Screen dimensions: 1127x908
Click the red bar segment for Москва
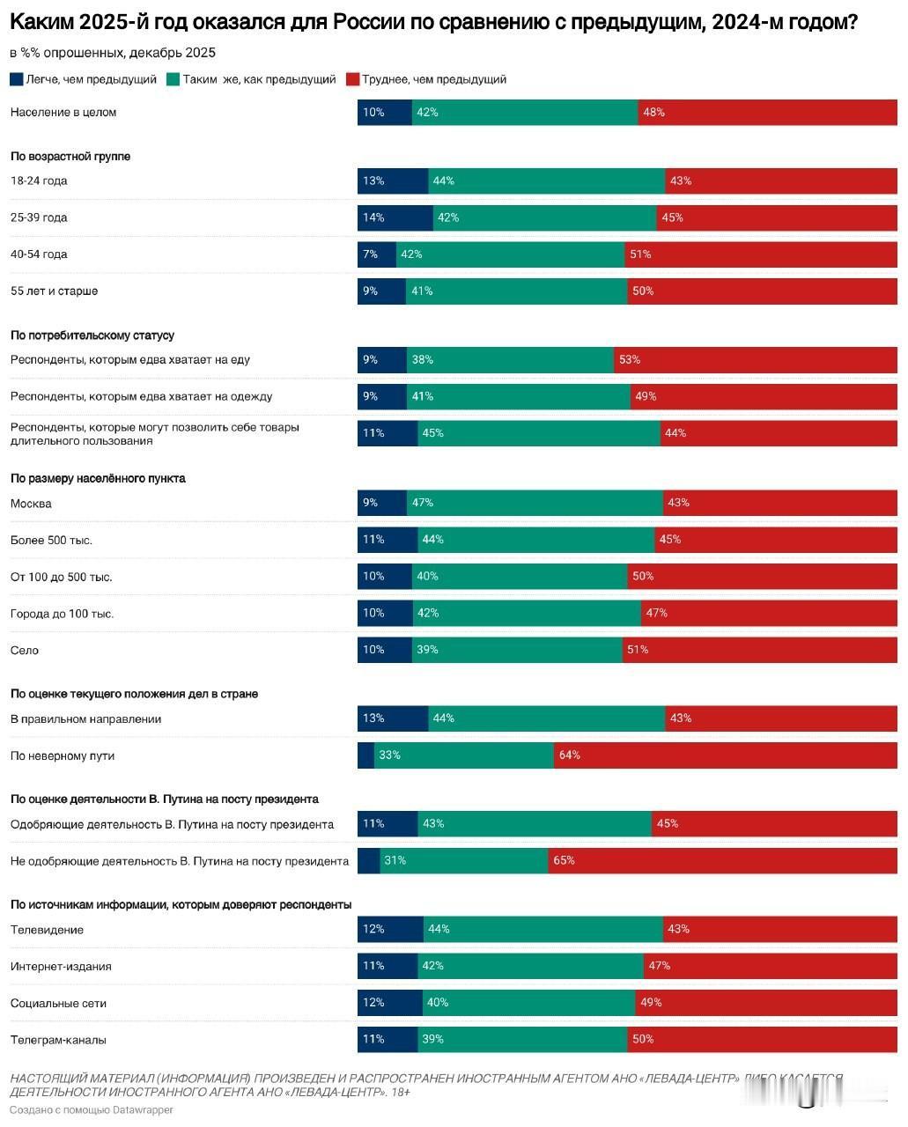[x=779, y=503]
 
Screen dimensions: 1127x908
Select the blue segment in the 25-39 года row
[x=395, y=217]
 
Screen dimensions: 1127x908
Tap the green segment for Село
[x=517, y=650]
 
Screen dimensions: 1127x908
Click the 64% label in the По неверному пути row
[x=569, y=755]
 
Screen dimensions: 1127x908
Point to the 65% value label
[x=564, y=860]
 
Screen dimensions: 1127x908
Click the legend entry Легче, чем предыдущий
[x=84, y=79]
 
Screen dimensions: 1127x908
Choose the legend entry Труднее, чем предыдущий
[x=426, y=79]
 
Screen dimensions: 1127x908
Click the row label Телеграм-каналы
[x=58, y=1040]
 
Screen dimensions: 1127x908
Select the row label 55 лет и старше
[x=54, y=291]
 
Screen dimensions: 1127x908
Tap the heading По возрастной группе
[x=70, y=156]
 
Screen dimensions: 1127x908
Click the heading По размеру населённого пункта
[x=98, y=478]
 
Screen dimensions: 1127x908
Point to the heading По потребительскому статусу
[x=92, y=335]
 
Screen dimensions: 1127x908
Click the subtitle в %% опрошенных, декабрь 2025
[x=113, y=53]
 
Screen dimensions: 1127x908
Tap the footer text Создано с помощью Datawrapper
[x=92, y=1109]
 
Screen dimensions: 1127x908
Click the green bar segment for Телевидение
[x=543, y=929]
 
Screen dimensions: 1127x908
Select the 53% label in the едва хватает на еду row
[x=629, y=359]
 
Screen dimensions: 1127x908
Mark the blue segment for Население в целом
[x=384, y=112]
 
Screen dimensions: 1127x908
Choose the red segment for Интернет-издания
[x=770, y=966]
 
